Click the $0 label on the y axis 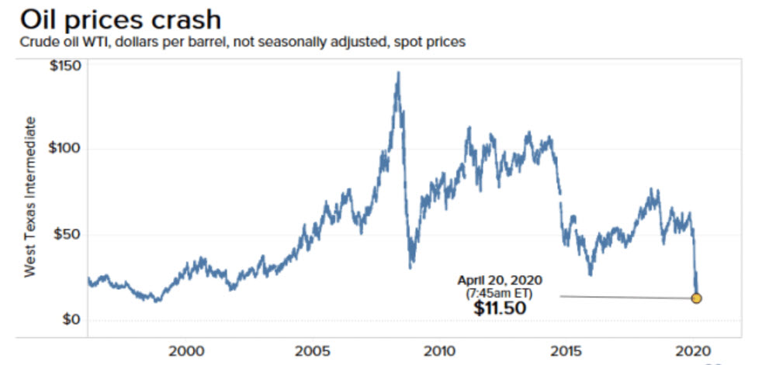[70, 319]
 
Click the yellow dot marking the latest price [696, 298]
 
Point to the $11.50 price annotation [501, 308]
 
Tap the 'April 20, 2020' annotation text [501, 281]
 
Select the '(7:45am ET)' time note [501, 293]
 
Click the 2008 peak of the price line [398, 73]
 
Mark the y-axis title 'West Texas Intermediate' [31, 197]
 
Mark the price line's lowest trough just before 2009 [410, 267]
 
